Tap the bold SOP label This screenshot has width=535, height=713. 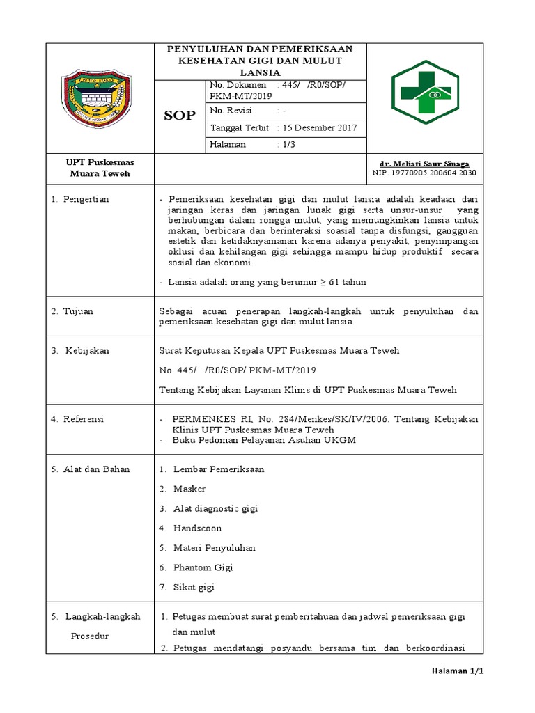(x=180, y=116)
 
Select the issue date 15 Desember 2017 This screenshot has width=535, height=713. (x=320, y=128)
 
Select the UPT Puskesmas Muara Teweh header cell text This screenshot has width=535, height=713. (x=99, y=168)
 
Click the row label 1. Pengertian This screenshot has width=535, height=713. (x=80, y=199)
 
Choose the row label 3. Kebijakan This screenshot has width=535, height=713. (x=80, y=350)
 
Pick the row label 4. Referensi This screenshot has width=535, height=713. (x=77, y=419)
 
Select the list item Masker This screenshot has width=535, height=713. (x=189, y=489)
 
